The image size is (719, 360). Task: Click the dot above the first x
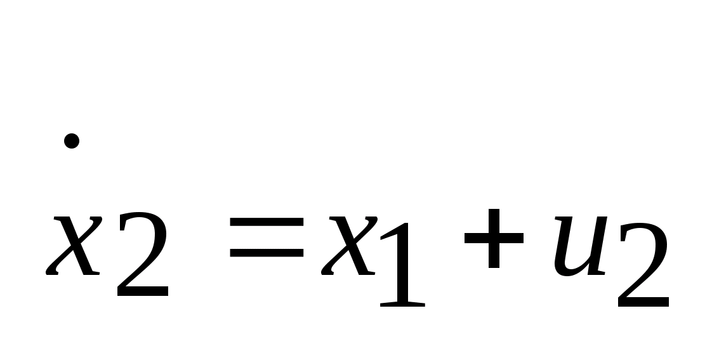[x=72, y=141]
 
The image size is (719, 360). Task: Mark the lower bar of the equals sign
[x=267, y=255]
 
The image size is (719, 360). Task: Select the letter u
[x=577, y=246]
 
